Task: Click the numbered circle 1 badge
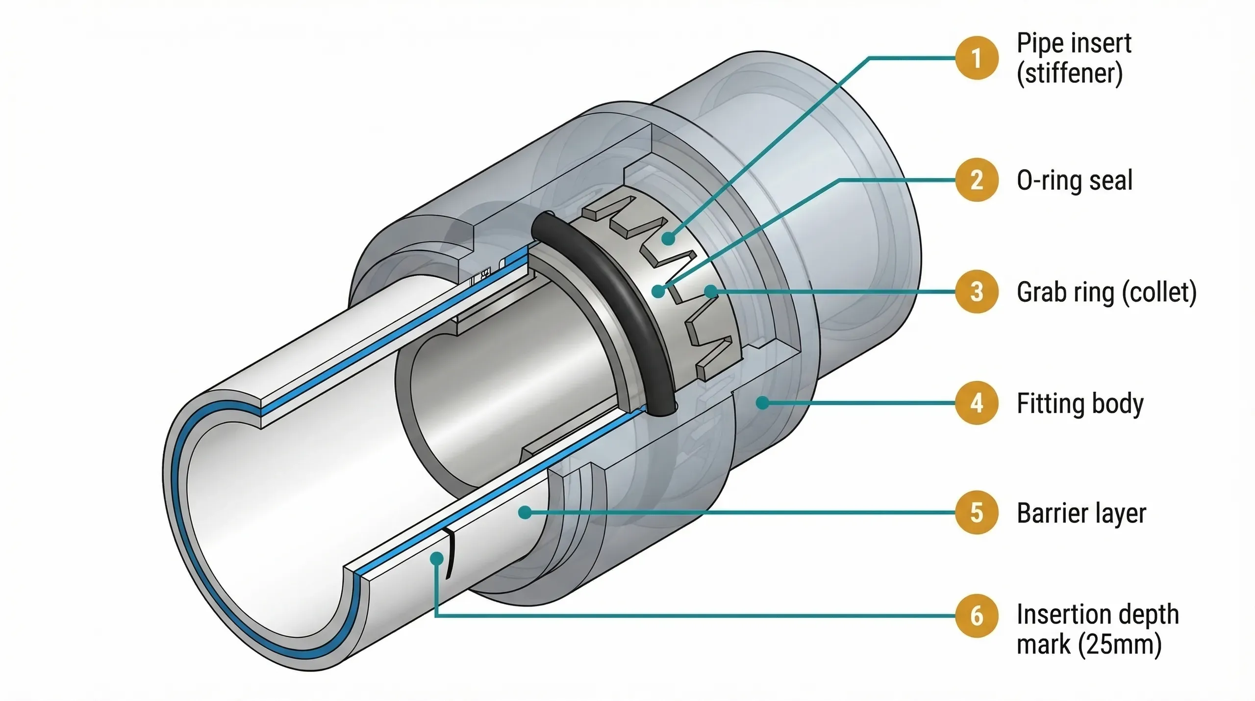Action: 977,58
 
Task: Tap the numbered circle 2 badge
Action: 977,180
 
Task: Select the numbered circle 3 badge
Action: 977,291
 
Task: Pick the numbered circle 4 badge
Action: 977,403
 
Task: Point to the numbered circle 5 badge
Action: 977,513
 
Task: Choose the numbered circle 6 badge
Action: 977,616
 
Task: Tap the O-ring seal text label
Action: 1075,180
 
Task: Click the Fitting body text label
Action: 1080,404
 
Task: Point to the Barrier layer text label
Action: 1081,513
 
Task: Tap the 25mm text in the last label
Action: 1120,644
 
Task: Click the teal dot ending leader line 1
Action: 668,239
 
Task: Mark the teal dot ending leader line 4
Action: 762,403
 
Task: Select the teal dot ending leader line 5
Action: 525,513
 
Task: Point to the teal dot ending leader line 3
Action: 710,292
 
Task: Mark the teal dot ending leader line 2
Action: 658,291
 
